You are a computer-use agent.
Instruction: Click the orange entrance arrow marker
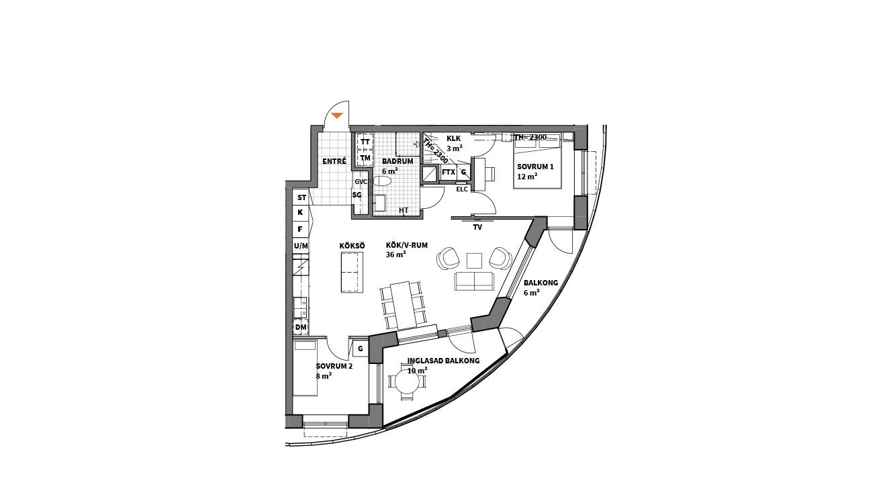coord(337,116)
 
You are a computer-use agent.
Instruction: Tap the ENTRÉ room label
coord(334,161)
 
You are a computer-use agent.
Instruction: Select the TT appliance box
coord(365,142)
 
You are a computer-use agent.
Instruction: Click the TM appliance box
coord(365,158)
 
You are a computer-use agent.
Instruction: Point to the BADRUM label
coord(397,161)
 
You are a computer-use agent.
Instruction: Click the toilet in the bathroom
coord(382,181)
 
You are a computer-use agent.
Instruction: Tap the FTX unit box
coord(449,173)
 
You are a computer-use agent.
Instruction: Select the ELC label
coord(462,189)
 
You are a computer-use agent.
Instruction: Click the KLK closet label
coord(453,138)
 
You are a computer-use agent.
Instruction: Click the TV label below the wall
coord(477,227)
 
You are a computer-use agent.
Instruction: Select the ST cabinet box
coord(301,197)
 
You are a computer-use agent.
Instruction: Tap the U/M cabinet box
coord(301,246)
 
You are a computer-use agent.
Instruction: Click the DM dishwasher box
coord(301,327)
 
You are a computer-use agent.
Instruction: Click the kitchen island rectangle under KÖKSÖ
coord(352,272)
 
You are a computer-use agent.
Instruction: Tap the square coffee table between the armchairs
coord(474,261)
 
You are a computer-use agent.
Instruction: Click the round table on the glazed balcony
coord(407,383)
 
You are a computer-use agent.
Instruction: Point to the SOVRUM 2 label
coord(334,366)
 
